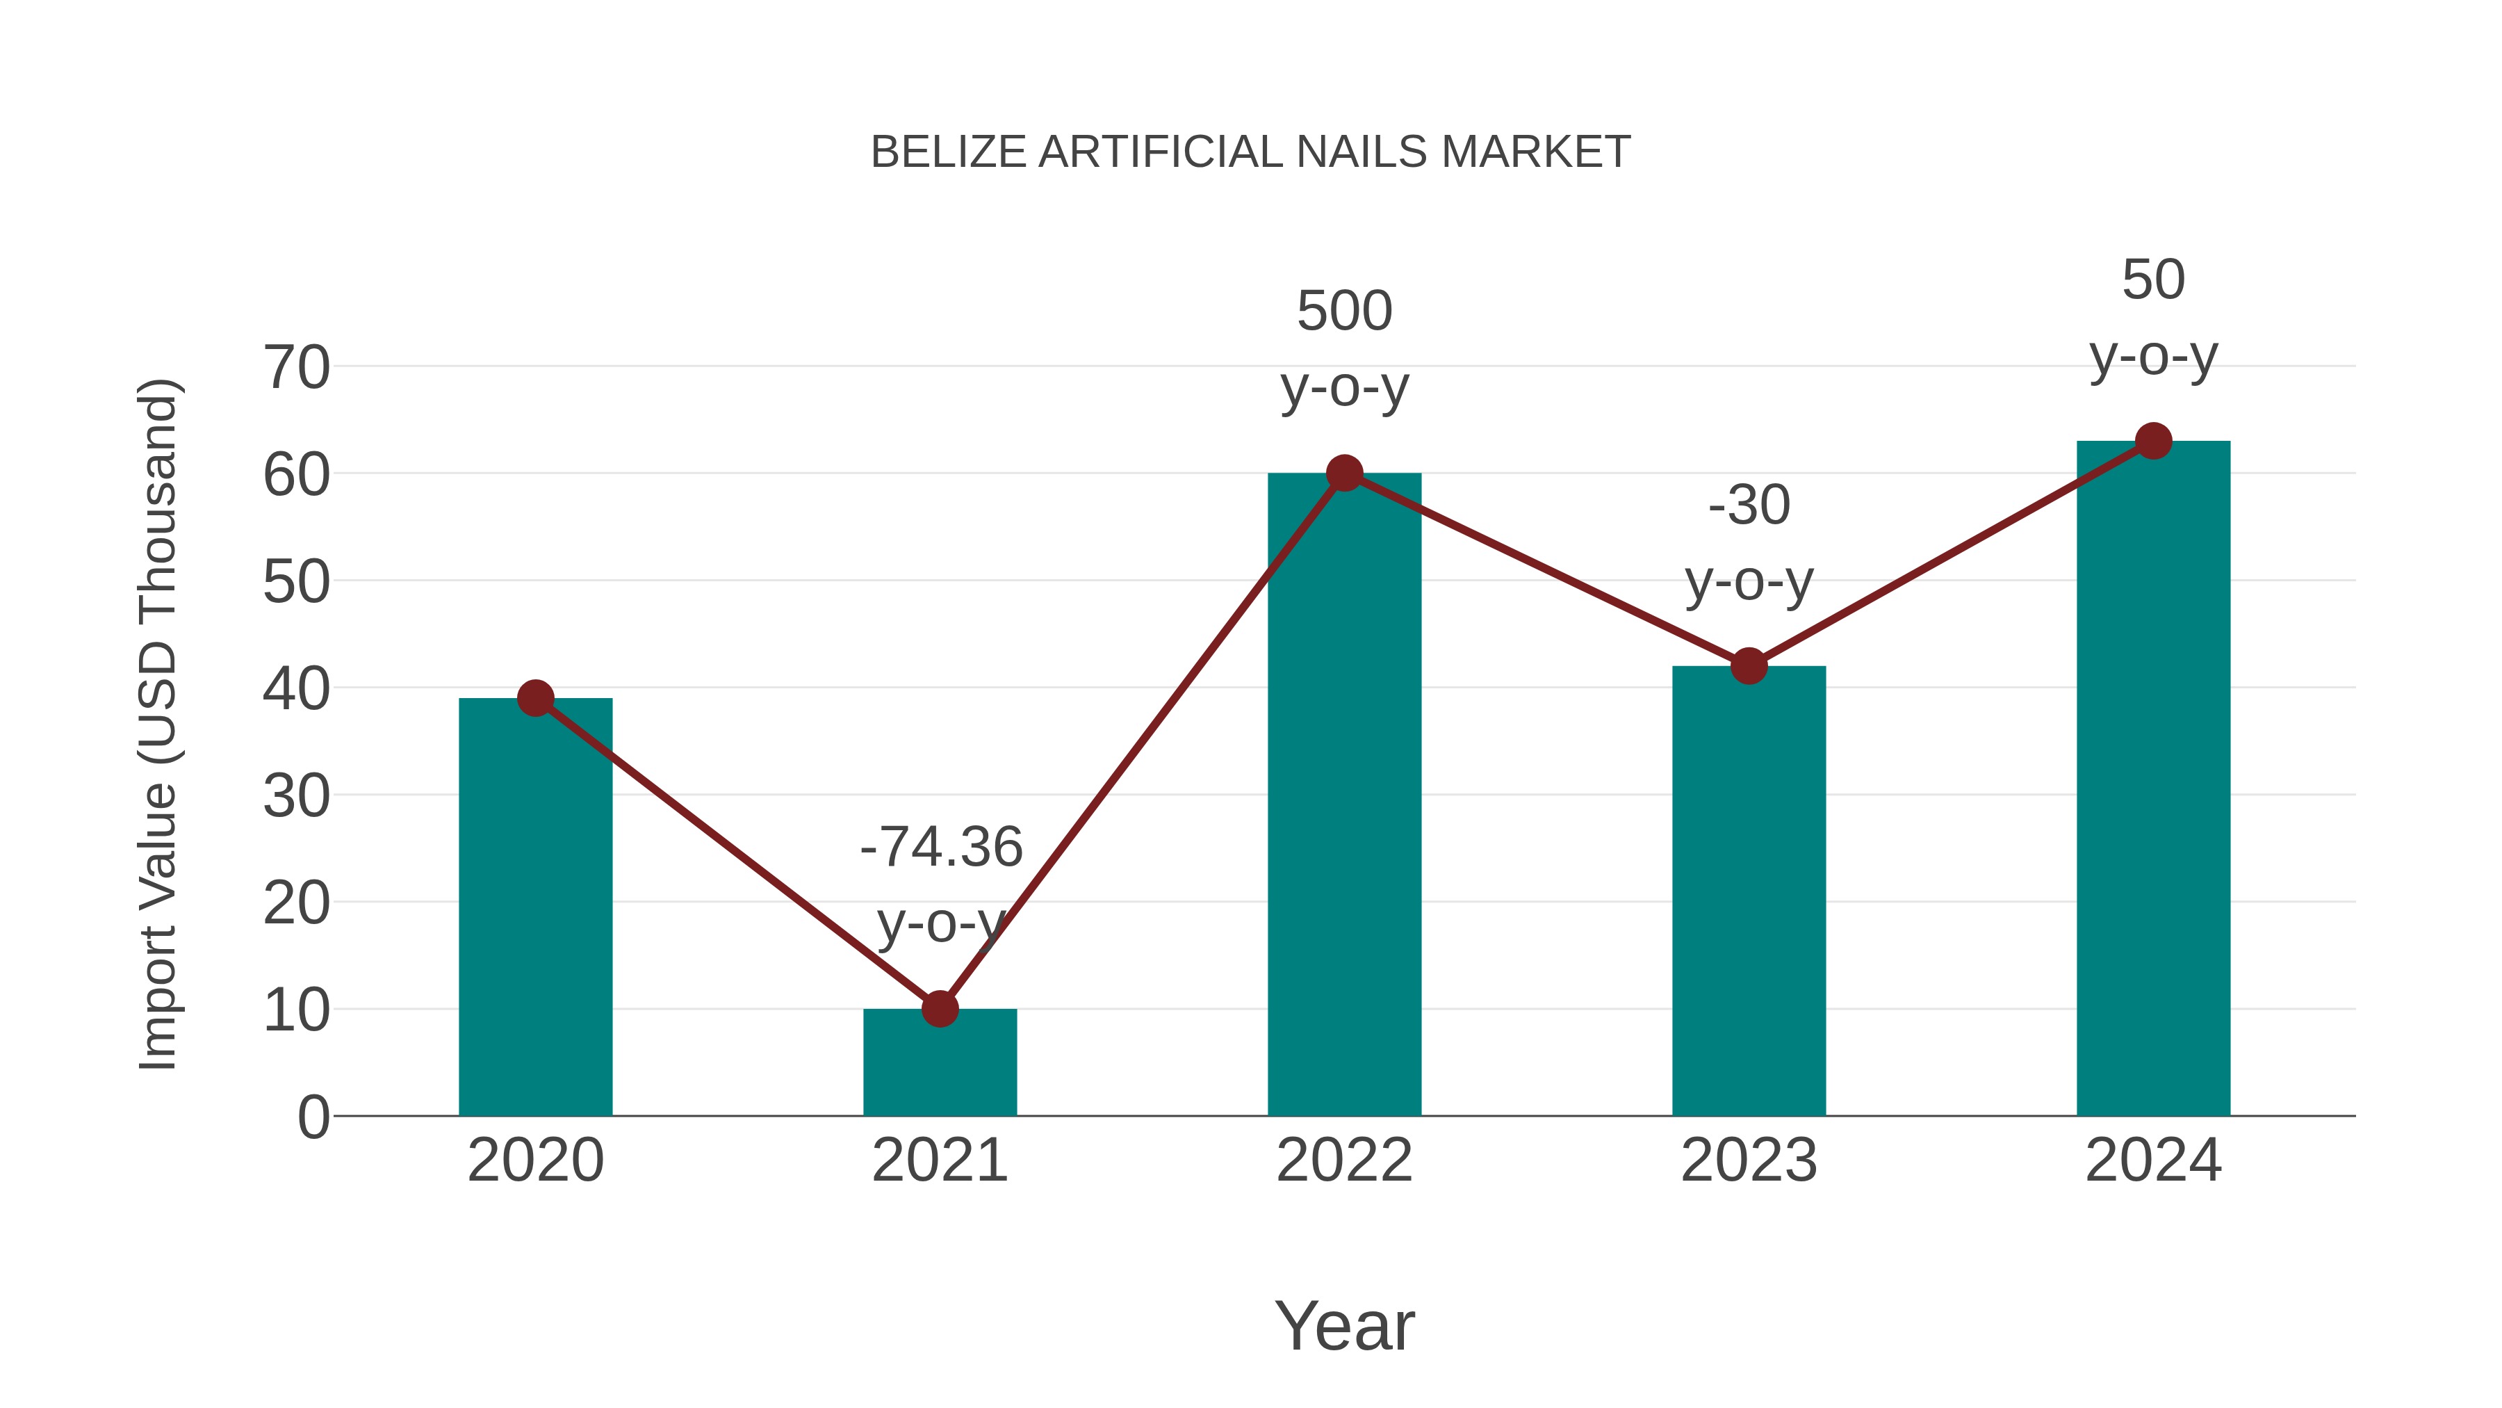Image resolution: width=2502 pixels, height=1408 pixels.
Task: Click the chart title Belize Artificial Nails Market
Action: click(1250, 152)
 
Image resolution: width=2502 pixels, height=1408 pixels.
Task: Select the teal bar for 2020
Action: click(535, 923)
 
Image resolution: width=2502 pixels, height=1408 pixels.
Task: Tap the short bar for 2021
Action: click(939, 1069)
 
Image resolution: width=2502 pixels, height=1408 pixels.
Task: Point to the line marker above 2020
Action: click(535, 697)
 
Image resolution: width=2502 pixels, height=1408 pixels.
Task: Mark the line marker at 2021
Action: click(939, 1009)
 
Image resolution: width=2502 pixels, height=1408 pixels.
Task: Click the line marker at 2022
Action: click(1344, 474)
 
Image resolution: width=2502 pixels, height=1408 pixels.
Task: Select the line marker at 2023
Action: click(1749, 665)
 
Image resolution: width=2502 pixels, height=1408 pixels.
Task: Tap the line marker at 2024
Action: click(2153, 441)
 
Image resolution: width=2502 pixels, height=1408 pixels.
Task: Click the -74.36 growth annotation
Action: click(941, 848)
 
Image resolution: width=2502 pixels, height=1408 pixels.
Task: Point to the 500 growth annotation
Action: click(1344, 312)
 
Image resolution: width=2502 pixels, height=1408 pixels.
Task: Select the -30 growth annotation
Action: click(1749, 505)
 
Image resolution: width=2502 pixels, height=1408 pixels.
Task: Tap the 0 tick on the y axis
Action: click(313, 1117)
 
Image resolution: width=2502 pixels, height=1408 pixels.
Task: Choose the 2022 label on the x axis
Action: click(1344, 1160)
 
